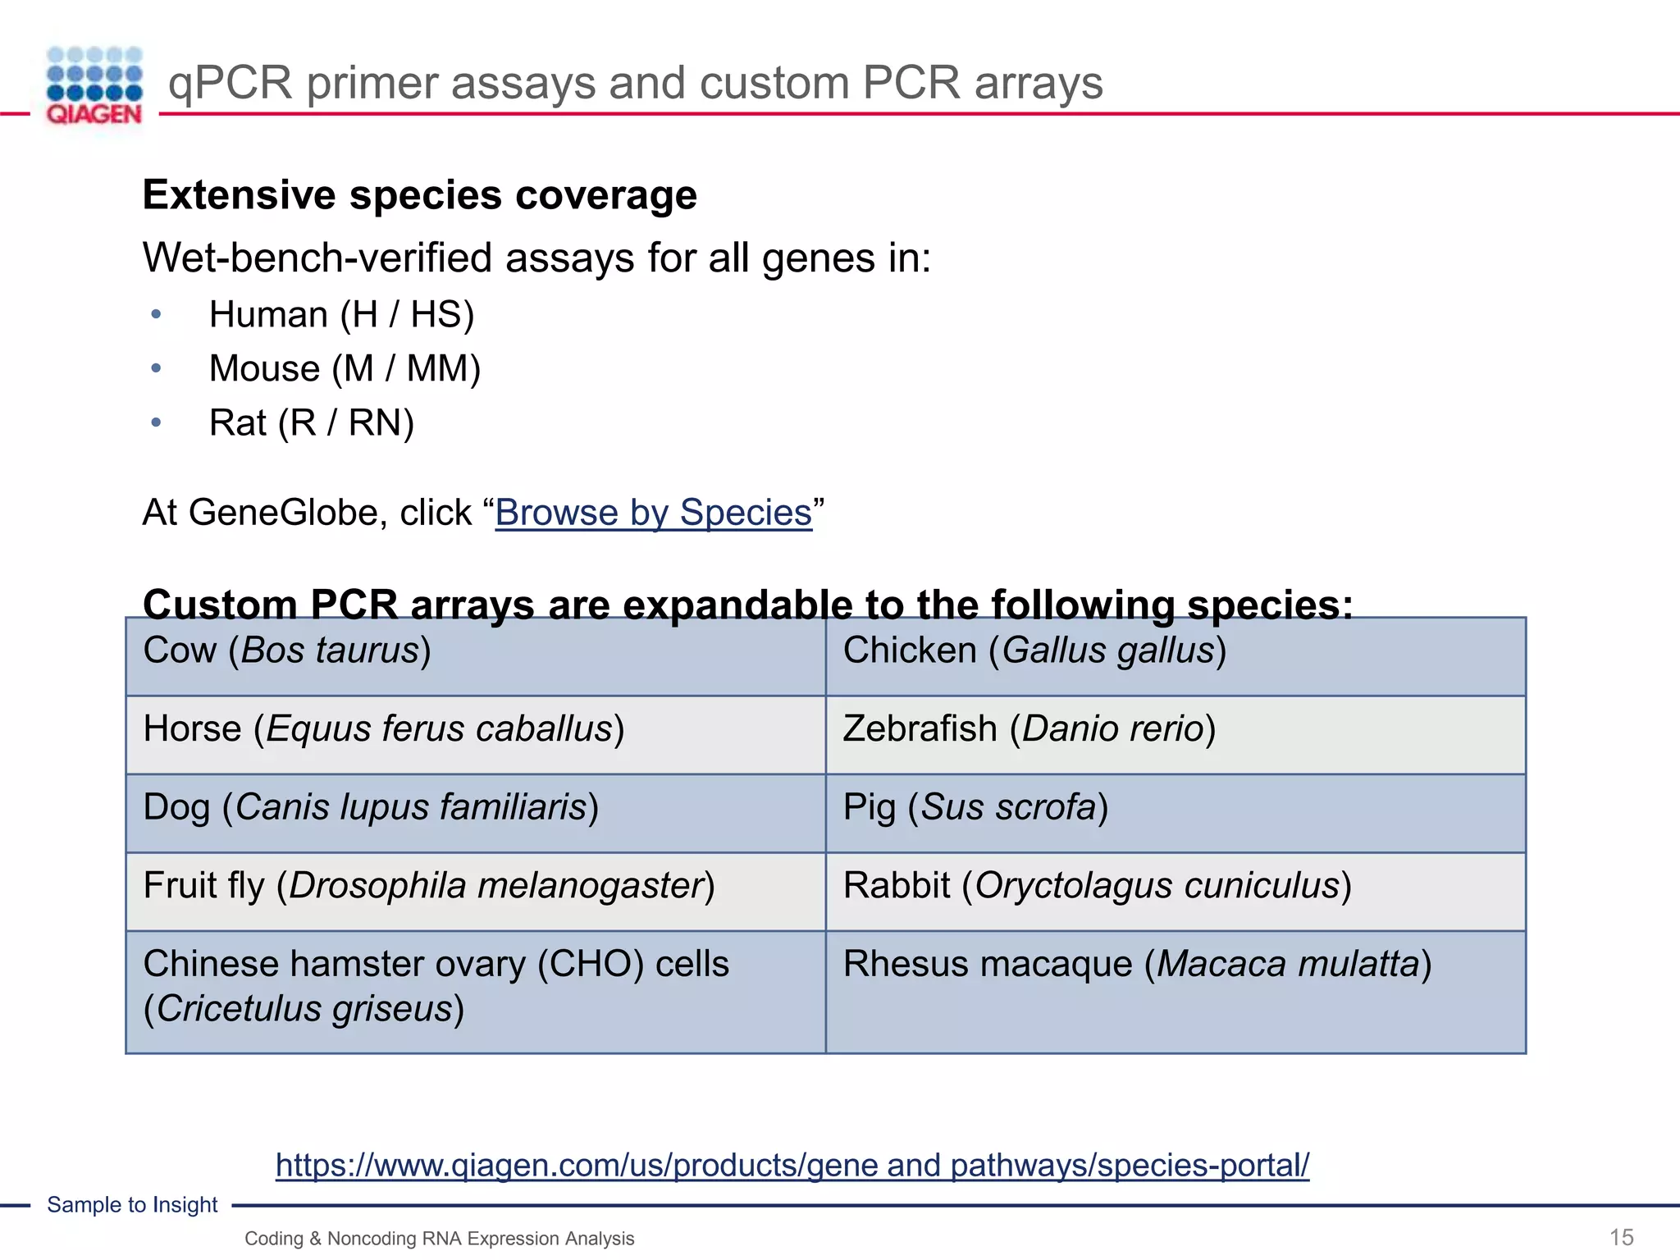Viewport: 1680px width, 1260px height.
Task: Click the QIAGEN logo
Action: tap(94, 86)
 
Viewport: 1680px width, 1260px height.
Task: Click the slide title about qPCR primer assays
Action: tap(635, 83)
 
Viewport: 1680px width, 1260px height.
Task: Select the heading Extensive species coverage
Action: tap(419, 195)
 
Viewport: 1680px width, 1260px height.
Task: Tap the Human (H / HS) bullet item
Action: tap(341, 315)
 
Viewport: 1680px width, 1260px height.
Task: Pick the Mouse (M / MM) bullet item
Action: tap(345, 369)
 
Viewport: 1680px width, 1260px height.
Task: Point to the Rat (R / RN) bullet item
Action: tap(311, 423)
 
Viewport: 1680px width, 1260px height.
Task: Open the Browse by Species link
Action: tap(653, 513)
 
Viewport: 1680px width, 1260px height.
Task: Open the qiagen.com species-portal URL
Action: tap(792, 1165)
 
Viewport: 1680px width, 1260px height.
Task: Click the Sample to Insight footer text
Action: tap(132, 1205)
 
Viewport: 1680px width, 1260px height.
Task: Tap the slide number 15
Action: tap(1621, 1237)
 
